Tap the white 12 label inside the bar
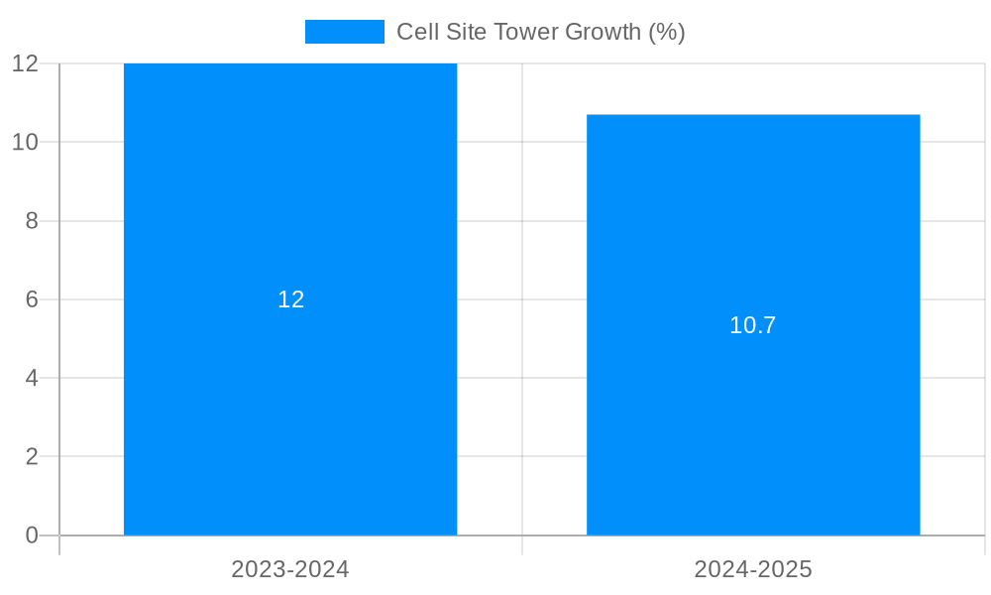point(290,299)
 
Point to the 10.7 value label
point(753,325)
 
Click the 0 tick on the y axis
point(32,535)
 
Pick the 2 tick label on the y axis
point(32,457)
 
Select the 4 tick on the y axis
point(32,378)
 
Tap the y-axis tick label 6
point(32,299)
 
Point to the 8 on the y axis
point(32,221)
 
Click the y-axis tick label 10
point(25,142)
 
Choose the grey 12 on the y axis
point(25,63)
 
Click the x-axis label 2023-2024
point(290,569)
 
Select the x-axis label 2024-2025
point(753,569)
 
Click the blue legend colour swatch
point(344,32)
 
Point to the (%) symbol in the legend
point(666,32)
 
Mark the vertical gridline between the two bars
point(522,297)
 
